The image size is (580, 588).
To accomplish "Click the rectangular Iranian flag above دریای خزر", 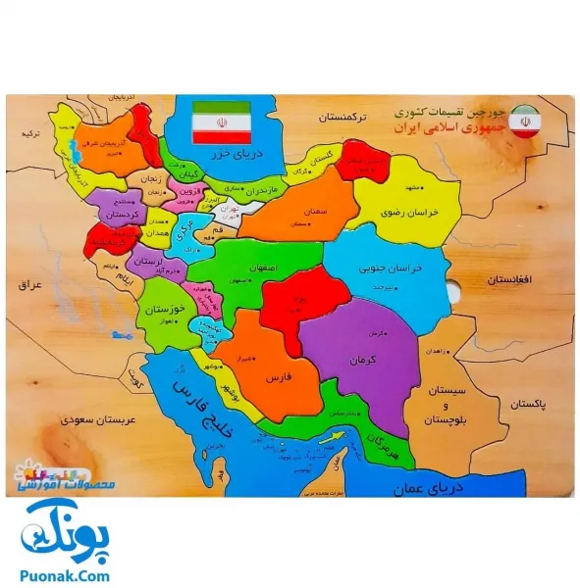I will point(222,122).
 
